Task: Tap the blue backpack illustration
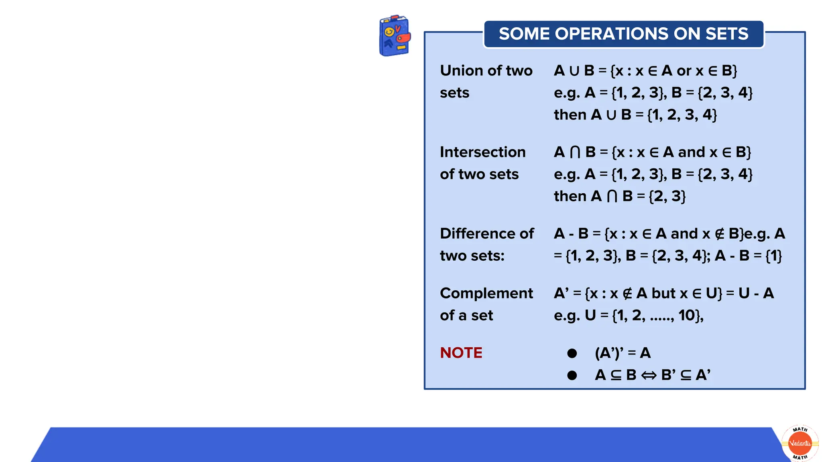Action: (394, 36)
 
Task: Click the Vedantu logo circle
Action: (800, 443)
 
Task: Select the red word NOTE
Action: (461, 353)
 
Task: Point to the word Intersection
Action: (482, 152)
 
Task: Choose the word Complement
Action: (486, 293)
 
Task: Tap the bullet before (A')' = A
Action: (572, 353)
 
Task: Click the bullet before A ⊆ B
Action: (572, 375)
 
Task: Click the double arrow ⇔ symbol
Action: (649, 375)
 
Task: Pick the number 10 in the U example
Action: (686, 316)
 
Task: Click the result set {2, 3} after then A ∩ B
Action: (667, 197)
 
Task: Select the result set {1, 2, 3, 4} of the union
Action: (682, 115)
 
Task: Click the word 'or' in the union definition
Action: (684, 71)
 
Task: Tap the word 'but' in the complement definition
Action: (663, 294)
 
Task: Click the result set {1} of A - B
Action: (774, 256)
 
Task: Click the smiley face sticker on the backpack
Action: (389, 32)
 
